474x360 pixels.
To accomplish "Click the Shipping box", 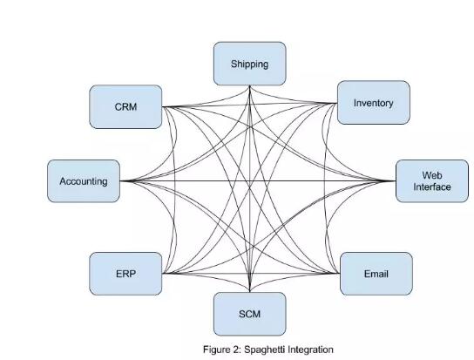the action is click(250, 64).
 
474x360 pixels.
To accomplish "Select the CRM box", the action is click(125, 107).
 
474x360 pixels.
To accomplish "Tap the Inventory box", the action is click(374, 103).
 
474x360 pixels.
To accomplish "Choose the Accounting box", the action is click(84, 181).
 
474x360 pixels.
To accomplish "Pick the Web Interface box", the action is click(432, 181).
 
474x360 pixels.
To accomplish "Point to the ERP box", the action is click(125, 274).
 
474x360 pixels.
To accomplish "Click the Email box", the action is click(376, 274).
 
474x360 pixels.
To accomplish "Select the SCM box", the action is click(250, 314).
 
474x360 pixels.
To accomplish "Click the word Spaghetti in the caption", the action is click(264, 350).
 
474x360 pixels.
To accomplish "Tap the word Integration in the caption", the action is click(310, 350).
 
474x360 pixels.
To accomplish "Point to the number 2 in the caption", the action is click(236, 350).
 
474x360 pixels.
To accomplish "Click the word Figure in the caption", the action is click(217, 350).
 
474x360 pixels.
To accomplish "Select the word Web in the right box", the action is click(432, 175).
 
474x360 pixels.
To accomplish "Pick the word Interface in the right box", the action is click(432, 187).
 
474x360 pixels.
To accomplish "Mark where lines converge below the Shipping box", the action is click(250, 86).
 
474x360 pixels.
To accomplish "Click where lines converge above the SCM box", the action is click(250, 291).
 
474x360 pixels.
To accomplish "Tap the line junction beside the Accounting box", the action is click(121, 181).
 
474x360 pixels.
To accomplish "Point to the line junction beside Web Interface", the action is click(395, 181).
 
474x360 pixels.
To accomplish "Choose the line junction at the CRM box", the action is click(163, 107).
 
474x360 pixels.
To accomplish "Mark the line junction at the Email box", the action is click(339, 273).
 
